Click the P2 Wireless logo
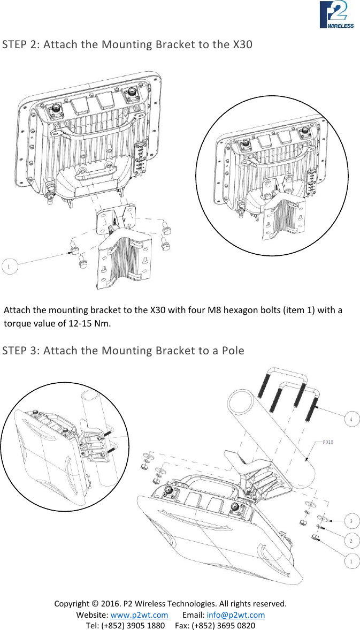pos(336,14)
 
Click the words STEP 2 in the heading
pos(20,44)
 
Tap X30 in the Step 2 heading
pos(243,44)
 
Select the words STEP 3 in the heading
pos(20,351)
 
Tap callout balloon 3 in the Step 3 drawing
pos(350,521)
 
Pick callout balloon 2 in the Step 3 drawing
pos(350,541)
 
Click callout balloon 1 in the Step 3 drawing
pos(350,561)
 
